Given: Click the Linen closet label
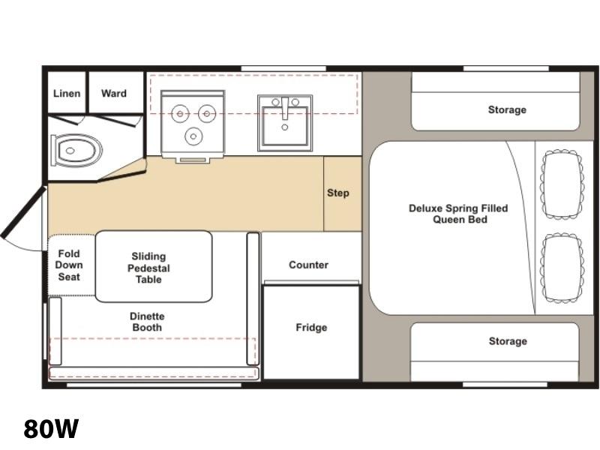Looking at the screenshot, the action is point(67,93).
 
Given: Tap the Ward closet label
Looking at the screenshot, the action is point(114,93).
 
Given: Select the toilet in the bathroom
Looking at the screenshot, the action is point(76,150).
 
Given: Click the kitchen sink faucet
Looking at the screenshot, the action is point(285,108).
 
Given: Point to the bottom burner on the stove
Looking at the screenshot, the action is point(193,136).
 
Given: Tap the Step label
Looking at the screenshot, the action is point(338,193).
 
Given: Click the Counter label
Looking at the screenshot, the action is point(308,265).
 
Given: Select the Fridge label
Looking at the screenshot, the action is point(311,328).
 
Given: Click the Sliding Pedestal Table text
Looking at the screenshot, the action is point(148,268).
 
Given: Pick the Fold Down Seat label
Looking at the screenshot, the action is point(69,265).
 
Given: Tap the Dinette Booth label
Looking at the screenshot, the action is point(147,322).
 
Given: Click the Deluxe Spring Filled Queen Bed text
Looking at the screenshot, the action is point(458,214).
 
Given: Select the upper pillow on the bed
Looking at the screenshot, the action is point(562,184).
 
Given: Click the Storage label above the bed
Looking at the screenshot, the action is point(507,109).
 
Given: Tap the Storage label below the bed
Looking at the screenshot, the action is point(508,341).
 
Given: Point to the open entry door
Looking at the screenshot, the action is point(23,212).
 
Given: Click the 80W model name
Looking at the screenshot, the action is point(51,428).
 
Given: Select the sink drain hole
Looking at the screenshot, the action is point(285,127).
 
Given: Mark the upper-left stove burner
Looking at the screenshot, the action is point(180,114).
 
